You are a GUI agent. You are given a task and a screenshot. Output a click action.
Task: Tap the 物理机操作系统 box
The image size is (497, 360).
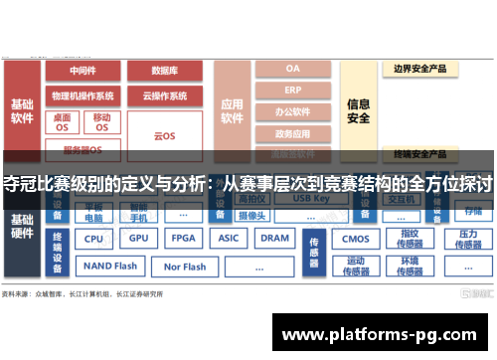[83, 96]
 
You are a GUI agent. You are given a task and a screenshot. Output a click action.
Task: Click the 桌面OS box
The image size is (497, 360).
[63, 122]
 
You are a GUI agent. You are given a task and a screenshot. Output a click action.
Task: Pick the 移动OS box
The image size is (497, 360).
[103, 122]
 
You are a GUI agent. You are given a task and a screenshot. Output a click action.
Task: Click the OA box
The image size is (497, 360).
[292, 69]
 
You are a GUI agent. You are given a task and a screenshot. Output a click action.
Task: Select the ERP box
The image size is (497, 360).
[292, 90]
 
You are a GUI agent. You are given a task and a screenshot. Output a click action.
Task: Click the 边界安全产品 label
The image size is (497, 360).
[420, 69]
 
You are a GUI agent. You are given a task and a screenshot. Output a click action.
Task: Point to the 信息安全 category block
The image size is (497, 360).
[359, 109]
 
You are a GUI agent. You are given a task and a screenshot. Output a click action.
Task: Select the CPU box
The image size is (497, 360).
[94, 239]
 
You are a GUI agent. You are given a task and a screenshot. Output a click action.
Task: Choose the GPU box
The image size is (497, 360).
[138, 239]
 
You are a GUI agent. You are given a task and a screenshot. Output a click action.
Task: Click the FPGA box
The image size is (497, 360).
[183, 239]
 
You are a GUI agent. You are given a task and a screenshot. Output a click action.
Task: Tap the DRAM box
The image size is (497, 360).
[274, 239]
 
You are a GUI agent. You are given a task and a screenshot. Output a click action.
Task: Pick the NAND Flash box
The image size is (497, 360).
[110, 267]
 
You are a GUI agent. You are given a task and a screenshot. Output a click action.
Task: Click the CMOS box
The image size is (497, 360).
[355, 239]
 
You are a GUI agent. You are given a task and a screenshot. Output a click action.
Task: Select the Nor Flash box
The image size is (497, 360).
[185, 267]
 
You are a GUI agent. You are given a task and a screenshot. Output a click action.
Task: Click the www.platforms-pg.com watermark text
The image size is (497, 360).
[381, 334]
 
